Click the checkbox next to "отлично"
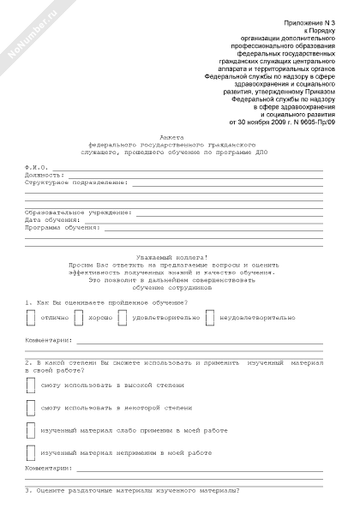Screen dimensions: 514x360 [31, 318]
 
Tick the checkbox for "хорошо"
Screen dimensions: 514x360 [79, 318]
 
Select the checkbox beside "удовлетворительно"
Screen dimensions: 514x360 [122, 318]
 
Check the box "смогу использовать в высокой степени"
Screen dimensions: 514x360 [31, 385]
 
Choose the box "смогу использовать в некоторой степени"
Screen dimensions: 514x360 [31, 408]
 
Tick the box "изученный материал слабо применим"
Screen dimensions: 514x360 [31, 430]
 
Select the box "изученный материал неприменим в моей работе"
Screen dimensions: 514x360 [31, 452]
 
